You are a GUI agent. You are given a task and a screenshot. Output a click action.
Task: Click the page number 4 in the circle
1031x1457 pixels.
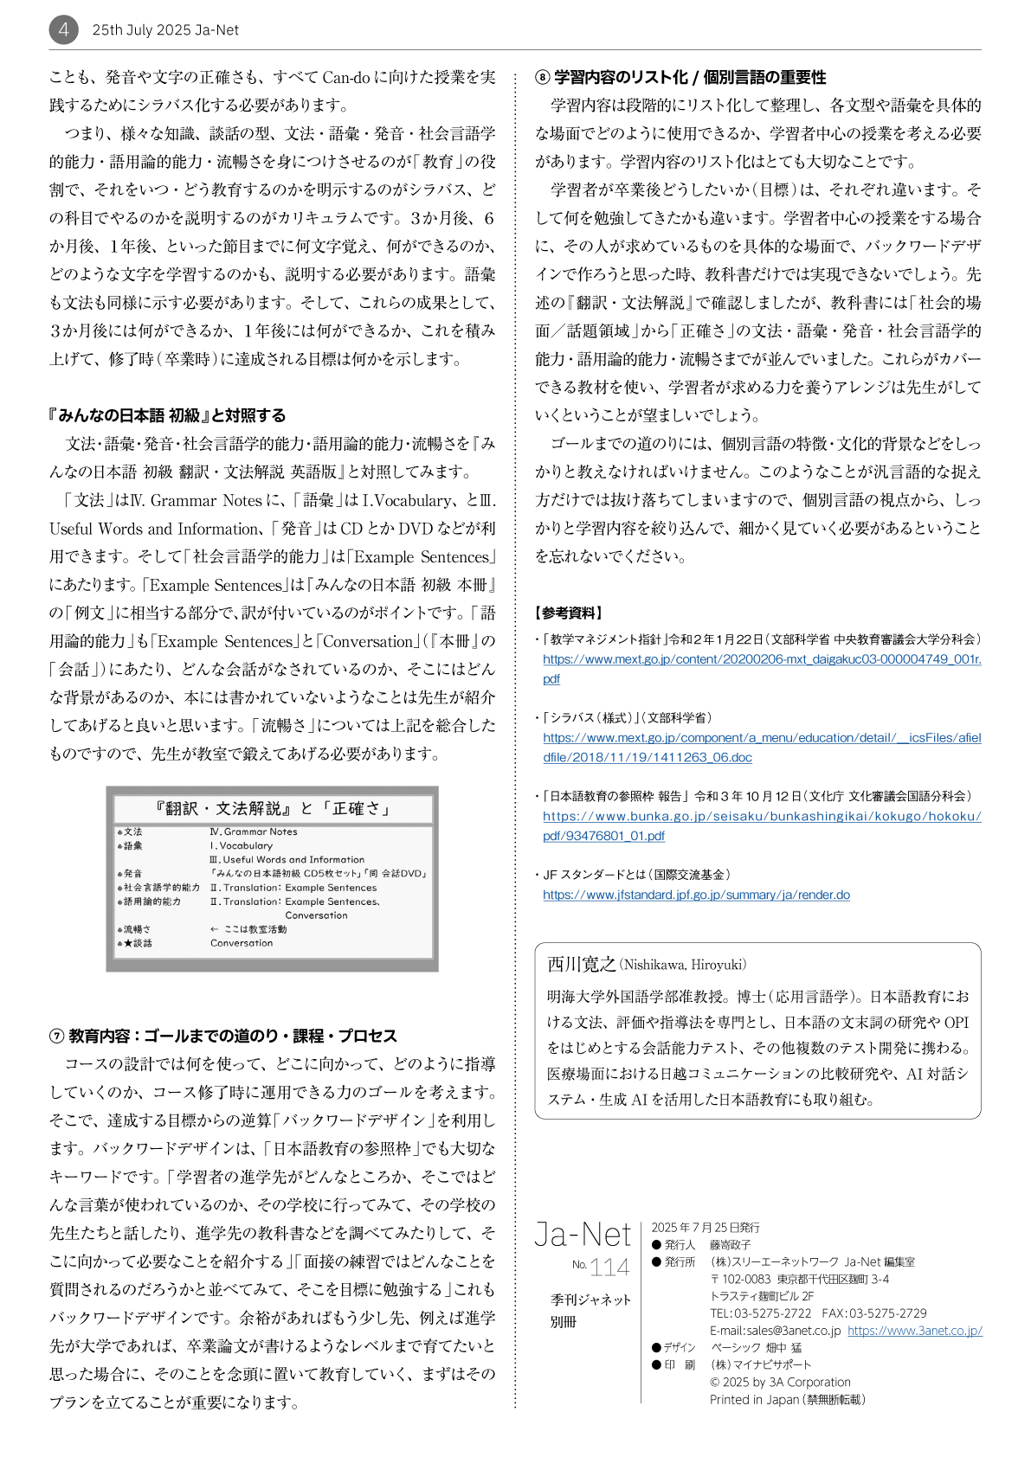[63, 30]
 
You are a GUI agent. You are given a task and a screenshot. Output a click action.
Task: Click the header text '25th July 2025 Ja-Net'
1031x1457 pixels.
[165, 30]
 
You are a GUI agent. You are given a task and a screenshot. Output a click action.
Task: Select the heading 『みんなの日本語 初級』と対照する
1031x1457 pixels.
[167, 415]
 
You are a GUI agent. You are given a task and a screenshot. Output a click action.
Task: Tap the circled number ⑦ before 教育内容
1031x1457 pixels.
[56, 1036]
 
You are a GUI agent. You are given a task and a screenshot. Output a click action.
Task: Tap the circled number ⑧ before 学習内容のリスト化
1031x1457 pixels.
[542, 78]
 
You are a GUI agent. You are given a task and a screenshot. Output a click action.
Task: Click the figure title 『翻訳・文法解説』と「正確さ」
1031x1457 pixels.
[272, 808]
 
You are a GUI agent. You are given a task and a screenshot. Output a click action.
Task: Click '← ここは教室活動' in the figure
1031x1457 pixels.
[248, 929]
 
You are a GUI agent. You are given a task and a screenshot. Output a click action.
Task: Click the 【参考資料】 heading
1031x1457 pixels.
[569, 613]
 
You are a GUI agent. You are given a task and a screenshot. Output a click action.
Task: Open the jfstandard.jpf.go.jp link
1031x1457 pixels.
[696, 895]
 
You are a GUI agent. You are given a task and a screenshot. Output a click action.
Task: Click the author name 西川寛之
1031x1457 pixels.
[581, 964]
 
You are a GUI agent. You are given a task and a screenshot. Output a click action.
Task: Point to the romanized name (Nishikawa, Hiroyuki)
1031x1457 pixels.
[683, 965]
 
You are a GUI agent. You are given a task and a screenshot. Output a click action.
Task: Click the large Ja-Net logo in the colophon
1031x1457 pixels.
[583, 1234]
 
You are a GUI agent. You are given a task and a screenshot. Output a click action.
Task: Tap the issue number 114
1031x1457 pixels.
[609, 1268]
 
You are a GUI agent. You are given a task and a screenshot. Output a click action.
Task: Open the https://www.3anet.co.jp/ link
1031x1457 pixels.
[914, 1331]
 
